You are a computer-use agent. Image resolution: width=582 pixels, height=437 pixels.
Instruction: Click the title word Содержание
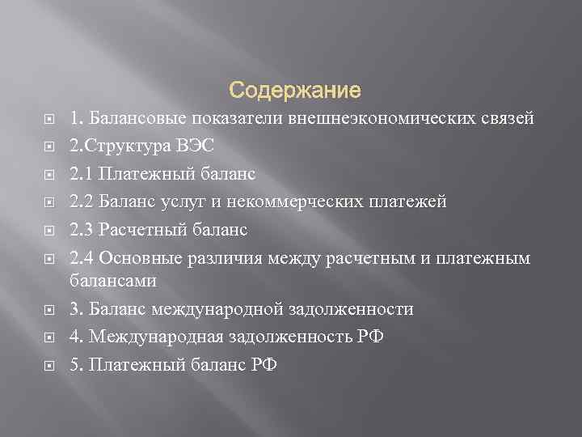click(x=294, y=87)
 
